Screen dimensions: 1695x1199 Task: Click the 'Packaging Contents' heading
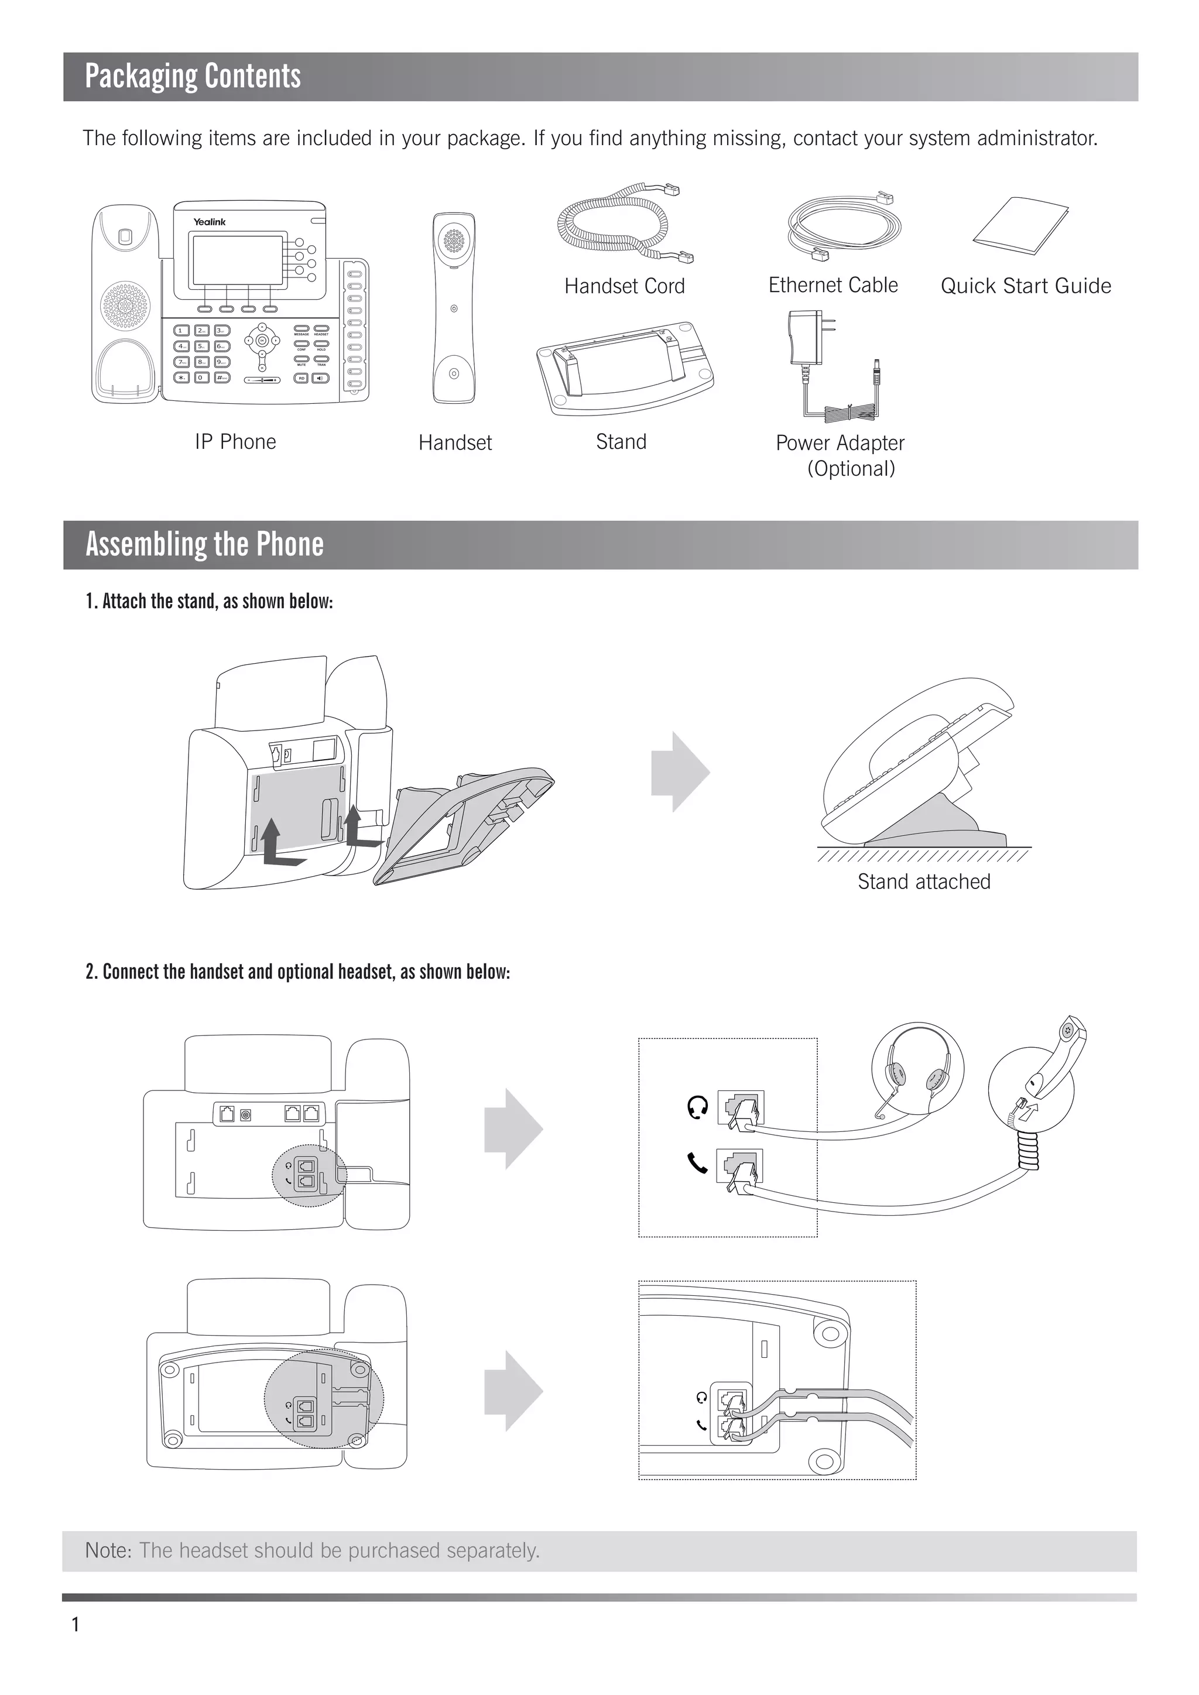pyautogui.click(x=193, y=77)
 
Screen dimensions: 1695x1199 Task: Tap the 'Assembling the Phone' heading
pyautogui.click(x=204, y=545)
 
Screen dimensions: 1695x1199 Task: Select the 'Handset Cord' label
pyautogui.click(x=625, y=286)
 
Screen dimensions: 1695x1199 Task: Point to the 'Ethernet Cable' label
pyautogui.click(x=833, y=286)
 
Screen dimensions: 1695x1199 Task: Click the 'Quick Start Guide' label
pyautogui.click(x=1026, y=286)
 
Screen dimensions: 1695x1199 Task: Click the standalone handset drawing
pyautogui.click(x=454, y=308)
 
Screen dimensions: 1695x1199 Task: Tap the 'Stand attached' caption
pyautogui.click(x=924, y=881)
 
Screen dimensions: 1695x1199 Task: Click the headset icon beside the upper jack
pyautogui.click(x=698, y=1107)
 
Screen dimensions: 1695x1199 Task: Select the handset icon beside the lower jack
pyautogui.click(x=698, y=1164)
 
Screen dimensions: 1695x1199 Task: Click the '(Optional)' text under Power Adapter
pyautogui.click(x=851, y=469)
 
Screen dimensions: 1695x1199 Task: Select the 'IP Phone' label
pyautogui.click(x=235, y=442)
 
